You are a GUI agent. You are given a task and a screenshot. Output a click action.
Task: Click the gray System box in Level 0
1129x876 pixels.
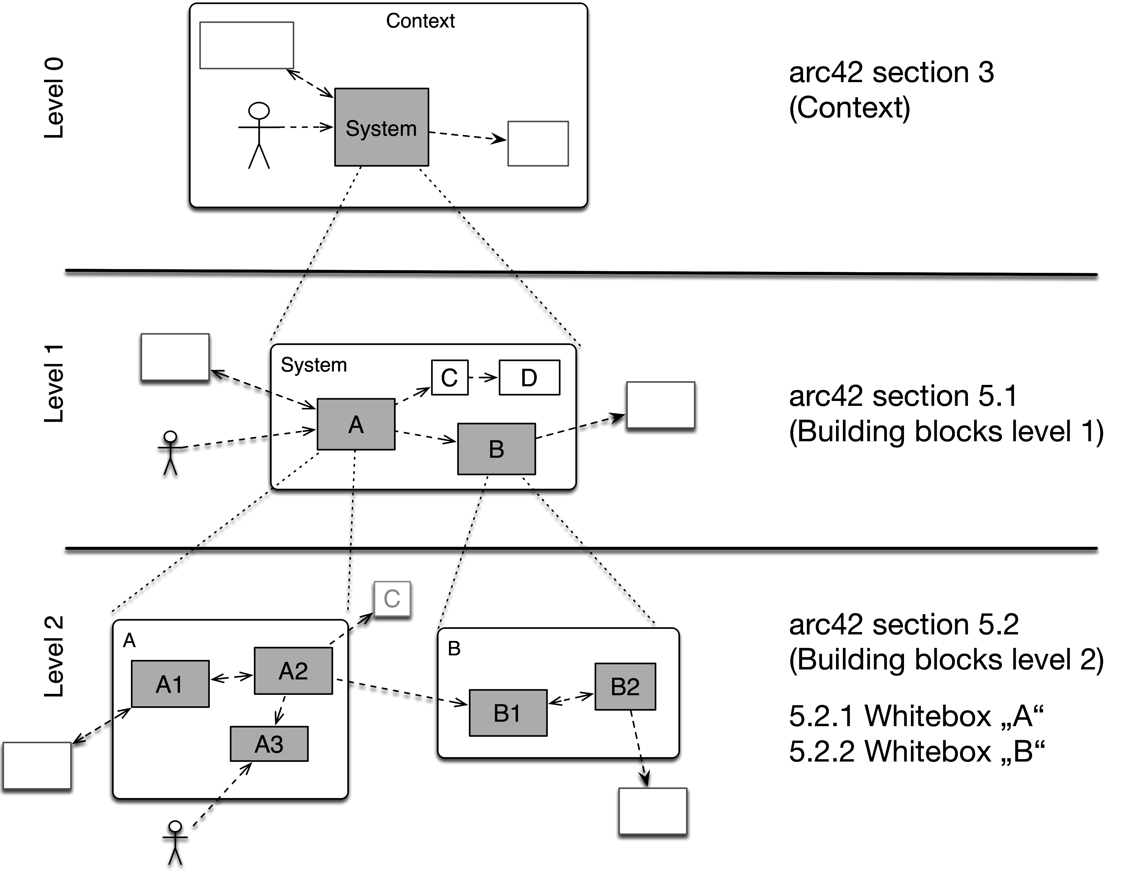(x=382, y=127)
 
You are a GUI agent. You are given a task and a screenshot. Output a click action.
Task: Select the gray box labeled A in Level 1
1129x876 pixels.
(x=355, y=424)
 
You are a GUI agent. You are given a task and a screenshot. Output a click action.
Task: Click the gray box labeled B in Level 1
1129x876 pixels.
(x=496, y=449)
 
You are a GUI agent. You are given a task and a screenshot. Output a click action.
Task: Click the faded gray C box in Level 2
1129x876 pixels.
(x=392, y=599)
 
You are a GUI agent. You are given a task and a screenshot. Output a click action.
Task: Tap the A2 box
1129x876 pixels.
(x=293, y=671)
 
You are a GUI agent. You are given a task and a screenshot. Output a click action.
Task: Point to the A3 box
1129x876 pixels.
(x=269, y=744)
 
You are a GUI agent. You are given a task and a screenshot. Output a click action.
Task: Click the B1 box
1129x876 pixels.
(x=508, y=713)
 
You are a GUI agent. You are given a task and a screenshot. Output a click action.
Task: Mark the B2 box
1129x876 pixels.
(x=625, y=687)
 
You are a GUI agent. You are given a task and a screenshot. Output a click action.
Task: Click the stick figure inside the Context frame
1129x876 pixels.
(x=259, y=135)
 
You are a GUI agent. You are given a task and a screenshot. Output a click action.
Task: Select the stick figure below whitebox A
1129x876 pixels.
(x=175, y=843)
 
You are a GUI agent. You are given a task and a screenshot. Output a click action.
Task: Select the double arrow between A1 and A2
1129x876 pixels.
(x=232, y=677)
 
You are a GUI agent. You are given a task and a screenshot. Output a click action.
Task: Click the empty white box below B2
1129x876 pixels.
(x=652, y=811)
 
